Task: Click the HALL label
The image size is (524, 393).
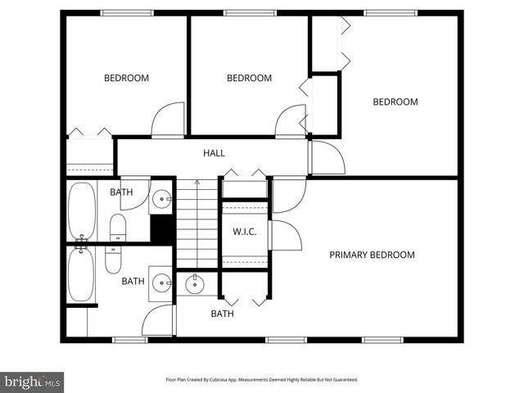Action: tap(214, 153)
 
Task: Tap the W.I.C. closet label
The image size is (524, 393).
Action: tap(245, 232)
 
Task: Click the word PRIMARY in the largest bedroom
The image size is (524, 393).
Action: tap(350, 255)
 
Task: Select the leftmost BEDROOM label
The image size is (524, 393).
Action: tap(126, 79)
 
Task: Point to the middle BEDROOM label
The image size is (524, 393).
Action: tap(249, 79)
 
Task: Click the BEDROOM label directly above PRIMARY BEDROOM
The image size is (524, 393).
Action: tap(395, 102)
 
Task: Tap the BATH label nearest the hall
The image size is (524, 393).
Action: tap(121, 192)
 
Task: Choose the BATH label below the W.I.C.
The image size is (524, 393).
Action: tap(222, 314)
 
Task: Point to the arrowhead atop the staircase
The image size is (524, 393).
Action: tap(197, 182)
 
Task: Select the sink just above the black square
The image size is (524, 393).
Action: tap(162, 199)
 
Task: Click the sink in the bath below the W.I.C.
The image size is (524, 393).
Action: tap(195, 285)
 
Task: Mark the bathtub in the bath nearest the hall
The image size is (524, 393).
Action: tap(80, 210)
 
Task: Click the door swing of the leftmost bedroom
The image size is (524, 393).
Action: tap(170, 120)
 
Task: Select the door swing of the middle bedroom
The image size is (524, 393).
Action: tap(291, 122)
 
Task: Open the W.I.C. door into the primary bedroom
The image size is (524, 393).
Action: tap(285, 236)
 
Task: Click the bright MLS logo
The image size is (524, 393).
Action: tap(33, 382)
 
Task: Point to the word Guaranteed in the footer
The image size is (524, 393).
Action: tap(343, 380)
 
